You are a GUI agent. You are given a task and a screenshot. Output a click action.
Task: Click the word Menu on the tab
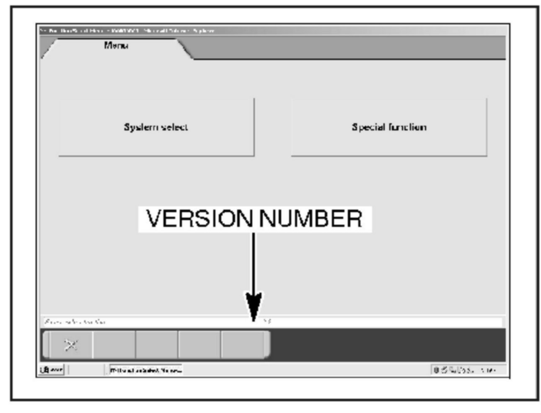116,45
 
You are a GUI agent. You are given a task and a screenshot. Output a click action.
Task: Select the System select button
156,127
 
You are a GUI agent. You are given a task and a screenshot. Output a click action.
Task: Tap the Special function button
389,127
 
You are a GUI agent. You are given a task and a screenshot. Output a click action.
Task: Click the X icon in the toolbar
71,345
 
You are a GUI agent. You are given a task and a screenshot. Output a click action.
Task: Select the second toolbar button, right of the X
114,345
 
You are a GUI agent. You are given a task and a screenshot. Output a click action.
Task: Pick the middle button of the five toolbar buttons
157,345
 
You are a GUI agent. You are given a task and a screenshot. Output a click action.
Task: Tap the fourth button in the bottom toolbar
199,345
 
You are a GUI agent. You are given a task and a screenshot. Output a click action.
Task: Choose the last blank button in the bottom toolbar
243,345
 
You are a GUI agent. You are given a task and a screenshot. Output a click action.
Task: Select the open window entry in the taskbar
145,370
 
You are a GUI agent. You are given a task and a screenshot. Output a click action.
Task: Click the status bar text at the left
75,322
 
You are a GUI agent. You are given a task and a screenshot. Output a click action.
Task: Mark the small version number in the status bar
267,322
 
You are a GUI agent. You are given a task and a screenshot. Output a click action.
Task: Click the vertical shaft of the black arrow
254,264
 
